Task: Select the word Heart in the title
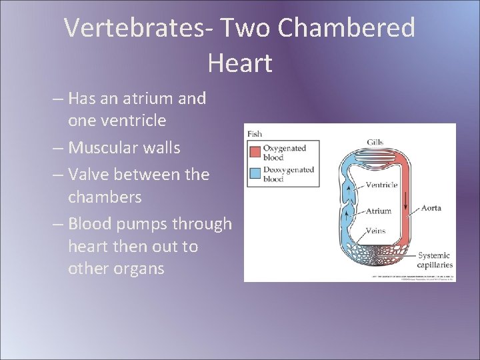pos(239,63)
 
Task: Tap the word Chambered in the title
pos(346,28)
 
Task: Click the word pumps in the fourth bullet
pos(145,223)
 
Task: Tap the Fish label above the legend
pos(255,133)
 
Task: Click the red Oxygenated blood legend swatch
pos(255,152)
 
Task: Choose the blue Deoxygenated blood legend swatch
pos(255,173)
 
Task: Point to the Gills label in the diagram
pos(375,142)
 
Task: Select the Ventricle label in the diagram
pos(381,185)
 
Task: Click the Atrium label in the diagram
pos(378,211)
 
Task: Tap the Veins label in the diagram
pos(375,231)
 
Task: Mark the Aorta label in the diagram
pos(431,208)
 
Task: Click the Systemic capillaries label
pos(435,260)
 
